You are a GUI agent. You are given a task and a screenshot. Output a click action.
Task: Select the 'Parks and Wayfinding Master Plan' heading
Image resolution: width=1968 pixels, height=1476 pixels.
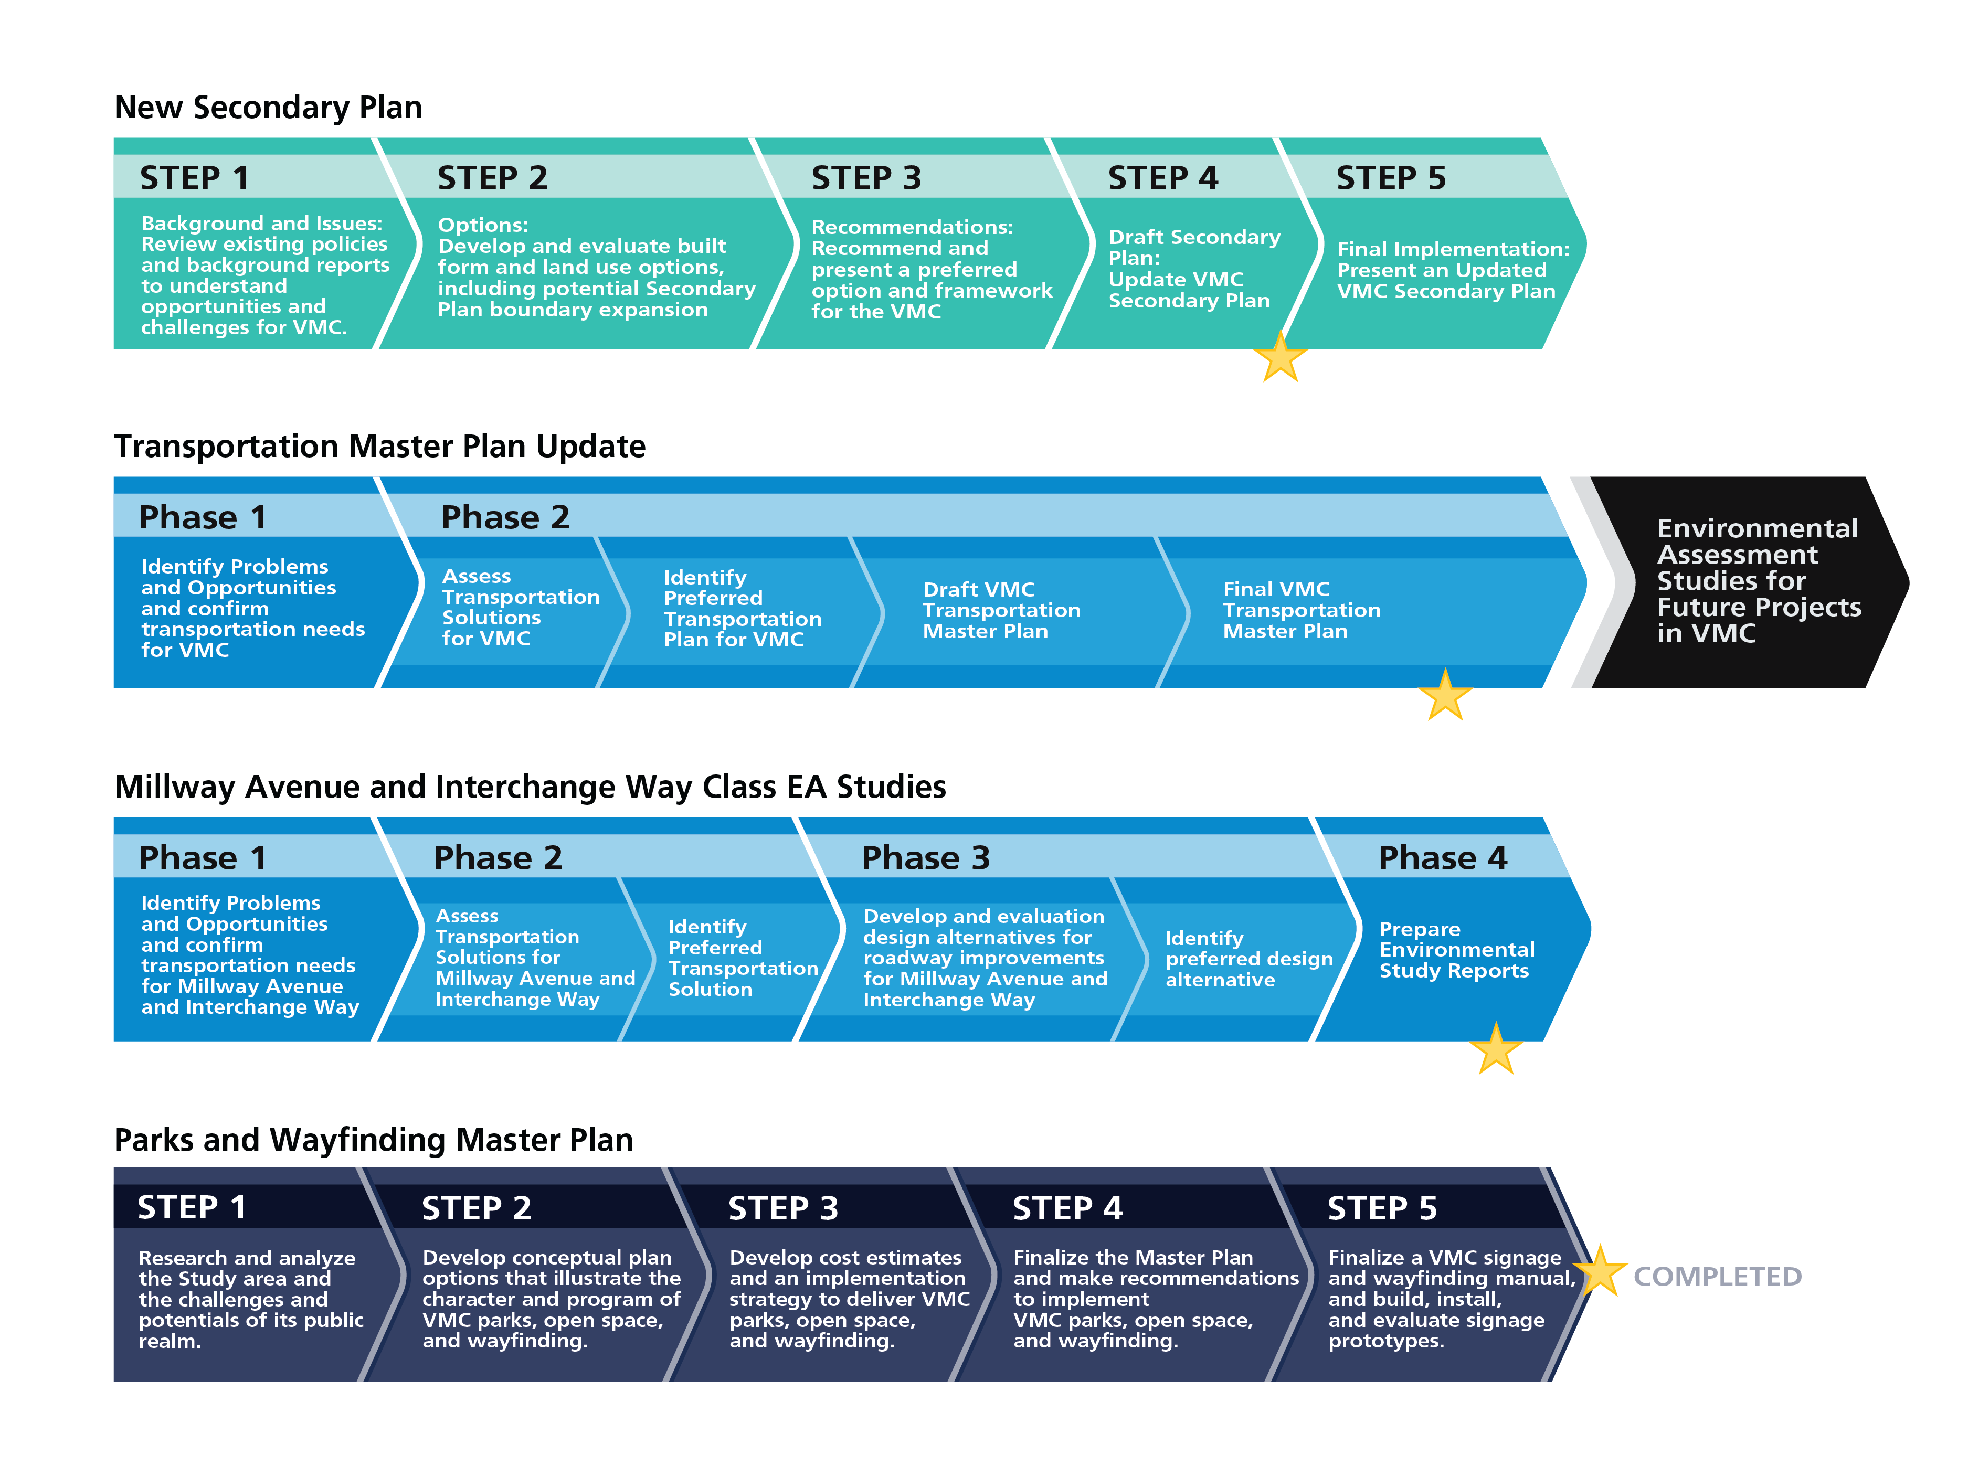coord(374,1140)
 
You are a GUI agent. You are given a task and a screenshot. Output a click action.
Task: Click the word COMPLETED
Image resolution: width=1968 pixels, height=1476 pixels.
coord(1717,1277)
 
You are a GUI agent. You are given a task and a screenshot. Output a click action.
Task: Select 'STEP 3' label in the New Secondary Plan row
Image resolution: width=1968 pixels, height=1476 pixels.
coord(866,178)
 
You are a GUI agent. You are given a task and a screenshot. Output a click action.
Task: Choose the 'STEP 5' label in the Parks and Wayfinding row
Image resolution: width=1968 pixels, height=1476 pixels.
coord(1382,1208)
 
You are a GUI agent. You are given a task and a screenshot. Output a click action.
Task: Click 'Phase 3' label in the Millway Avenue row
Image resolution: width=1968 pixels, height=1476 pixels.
coord(925,858)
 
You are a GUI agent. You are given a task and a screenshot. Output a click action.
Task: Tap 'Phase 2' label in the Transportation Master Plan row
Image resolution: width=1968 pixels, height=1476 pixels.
coord(505,517)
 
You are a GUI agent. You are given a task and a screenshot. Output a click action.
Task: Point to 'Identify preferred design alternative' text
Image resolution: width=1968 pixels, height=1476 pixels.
coord(1249,959)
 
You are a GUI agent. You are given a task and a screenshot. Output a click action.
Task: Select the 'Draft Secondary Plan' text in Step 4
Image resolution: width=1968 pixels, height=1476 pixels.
coord(1194,247)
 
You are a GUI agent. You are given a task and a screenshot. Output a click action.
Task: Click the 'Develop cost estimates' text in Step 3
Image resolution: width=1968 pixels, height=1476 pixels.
coord(845,1257)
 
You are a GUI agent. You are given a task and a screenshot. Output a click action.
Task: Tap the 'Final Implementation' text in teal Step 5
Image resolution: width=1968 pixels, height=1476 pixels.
coord(1453,249)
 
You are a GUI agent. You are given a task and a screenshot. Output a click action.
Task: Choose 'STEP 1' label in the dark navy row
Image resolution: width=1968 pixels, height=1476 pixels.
coord(191,1207)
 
